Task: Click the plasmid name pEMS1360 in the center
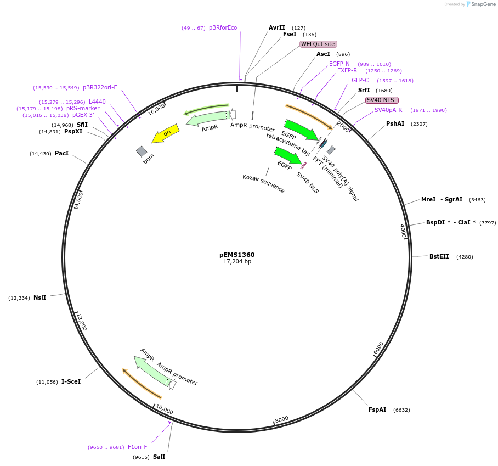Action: (x=237, y=255)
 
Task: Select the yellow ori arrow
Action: (x=165, y=135)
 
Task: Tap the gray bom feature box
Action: (x=142, y=151)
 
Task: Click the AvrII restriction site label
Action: (x=277, y=27)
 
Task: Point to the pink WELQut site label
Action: (x=318, y=44)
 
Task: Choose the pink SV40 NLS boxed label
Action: (x=382, y=100)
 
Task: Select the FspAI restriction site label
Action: (x=377, y=409)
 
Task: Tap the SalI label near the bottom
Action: (x=159, y=457)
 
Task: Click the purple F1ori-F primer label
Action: (x=138, y=447)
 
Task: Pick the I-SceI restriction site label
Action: (x=71, y=381)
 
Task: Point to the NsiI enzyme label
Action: (x=40, y=297)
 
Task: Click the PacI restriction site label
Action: (x=62, y=153)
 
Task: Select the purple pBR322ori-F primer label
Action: (x=100, y=87)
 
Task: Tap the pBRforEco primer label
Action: (x=223, y=27)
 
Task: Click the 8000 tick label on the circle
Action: (x=282, y=419)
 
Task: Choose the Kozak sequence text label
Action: (x=264, y=183)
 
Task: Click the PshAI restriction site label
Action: (x=395, y=123)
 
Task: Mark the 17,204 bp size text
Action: (x=237, y=262)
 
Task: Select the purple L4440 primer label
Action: (x=97, y=102)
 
